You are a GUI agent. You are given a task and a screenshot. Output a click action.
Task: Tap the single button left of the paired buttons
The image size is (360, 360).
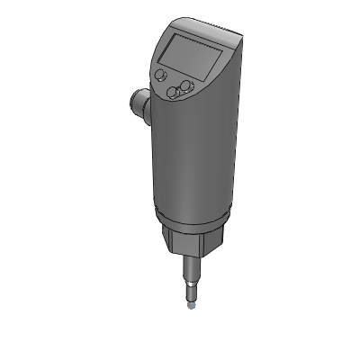161,75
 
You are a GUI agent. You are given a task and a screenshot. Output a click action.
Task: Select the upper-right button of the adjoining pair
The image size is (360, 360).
186,85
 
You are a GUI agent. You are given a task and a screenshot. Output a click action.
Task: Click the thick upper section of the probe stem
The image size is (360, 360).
192,269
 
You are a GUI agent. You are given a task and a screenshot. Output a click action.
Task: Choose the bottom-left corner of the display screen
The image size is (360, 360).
164,59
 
